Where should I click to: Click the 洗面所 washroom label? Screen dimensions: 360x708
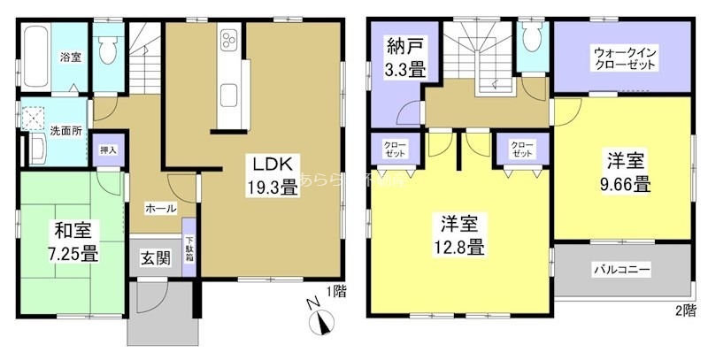[x=65, y=131]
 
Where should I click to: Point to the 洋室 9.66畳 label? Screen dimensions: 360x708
[x=628, y=173]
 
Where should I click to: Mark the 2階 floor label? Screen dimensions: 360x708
[x=684, y=310]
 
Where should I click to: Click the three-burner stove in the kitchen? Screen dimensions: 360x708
[x=228, y=41]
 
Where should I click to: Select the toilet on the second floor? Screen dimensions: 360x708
[x=532, y=40]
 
